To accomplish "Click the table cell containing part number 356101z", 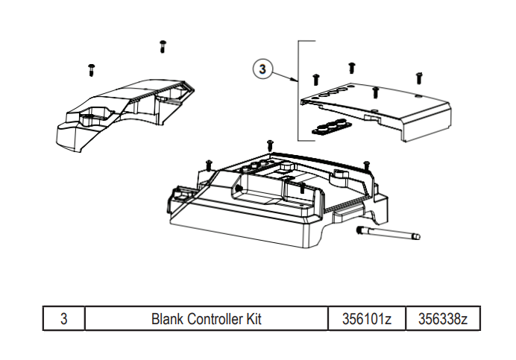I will pyautogui.click(x=367, y=319).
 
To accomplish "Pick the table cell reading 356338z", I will pyautogui.click(x=442, y=319).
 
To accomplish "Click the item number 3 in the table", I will pyautogui.click(x=64, y=319).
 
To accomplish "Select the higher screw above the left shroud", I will pyautogui.click(x=162, y=47).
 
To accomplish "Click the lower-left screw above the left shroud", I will pyautogui.click(x=91, y=69).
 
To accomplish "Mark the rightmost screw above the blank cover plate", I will pyautogui.click(x=419, y=77).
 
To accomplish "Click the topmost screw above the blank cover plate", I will pyautogui.click(x=351, y=68).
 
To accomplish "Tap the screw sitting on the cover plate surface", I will pyautogui.click(x=376, y=92).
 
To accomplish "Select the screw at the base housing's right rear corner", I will pyautogui.click(x=365, y=165).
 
